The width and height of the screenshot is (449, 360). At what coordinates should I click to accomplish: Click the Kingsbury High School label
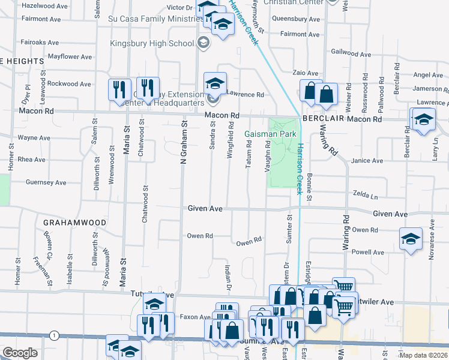coord(152,43)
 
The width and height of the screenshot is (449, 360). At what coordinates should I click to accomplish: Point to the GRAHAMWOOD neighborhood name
coord(74,222)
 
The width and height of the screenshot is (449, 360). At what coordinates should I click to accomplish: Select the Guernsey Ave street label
coord(46,182)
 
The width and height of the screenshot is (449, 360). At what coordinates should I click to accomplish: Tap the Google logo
coord(20,353)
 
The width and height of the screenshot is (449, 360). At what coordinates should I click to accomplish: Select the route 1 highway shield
coord(55,334)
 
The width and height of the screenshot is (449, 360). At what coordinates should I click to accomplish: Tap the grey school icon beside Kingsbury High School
coord(203,43)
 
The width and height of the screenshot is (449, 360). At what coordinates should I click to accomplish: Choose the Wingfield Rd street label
coord(230,140)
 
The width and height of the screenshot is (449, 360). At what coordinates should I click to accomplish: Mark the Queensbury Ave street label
coord(294,19)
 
